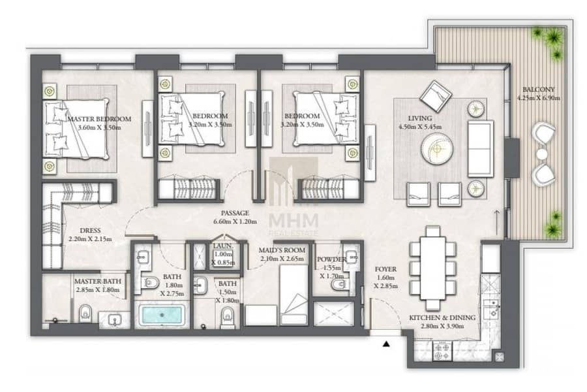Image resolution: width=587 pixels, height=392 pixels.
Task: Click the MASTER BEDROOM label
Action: (x=99, y=119)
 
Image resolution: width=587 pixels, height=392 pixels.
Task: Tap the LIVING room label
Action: (x=419, y=118)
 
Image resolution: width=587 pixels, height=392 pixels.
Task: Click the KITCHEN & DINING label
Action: (x=442, y=318)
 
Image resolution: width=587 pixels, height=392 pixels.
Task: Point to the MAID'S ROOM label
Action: (x=282, y=250)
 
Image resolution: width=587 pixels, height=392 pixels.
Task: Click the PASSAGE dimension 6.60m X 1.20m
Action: (x=235, y=221)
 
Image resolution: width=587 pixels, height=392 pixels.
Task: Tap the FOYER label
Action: (x=385, y=269)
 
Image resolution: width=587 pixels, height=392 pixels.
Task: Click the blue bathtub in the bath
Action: (x=162, y=315)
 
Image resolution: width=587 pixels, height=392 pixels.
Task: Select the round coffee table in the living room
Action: (x=437, y=150)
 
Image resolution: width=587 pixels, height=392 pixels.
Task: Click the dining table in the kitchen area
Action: (x=433, y=267)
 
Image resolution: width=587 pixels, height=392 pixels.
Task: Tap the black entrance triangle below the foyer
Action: (x=386, y=343)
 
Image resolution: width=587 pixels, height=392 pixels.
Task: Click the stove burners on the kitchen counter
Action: (x=442, y=351)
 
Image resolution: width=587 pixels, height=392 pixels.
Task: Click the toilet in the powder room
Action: (x=339, y=285)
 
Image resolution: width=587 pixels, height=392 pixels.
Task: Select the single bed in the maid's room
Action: (x=294, y=295)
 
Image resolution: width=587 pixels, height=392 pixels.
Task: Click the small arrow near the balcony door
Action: (x=497, y=218)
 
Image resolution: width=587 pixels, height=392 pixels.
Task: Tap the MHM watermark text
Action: (x=293, y=220)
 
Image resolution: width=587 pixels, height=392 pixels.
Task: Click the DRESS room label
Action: (x=90, y=231)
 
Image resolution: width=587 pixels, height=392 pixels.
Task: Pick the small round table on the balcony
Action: (x=542, y=154)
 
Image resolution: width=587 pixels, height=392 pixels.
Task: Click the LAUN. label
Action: (x=223, y=246)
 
